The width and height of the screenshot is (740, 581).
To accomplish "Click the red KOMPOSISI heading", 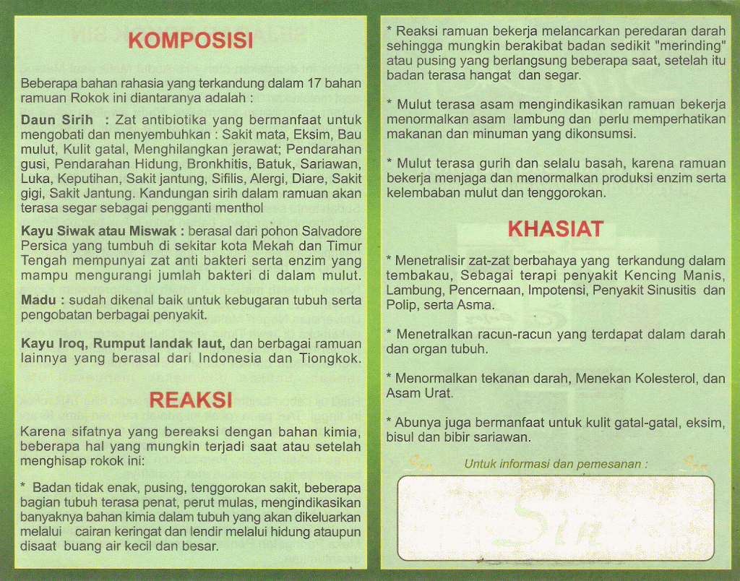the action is (x=191, y=40).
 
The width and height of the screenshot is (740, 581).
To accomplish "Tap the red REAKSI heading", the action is (x=191, y=400).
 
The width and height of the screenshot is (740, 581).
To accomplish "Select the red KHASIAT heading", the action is (x=556, y=230).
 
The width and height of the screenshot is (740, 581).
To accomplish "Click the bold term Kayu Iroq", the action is (x=51, y=343).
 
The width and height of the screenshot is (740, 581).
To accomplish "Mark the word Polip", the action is (x=400, y=305).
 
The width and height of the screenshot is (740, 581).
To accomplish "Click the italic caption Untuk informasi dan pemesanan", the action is (x=555, y=464).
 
